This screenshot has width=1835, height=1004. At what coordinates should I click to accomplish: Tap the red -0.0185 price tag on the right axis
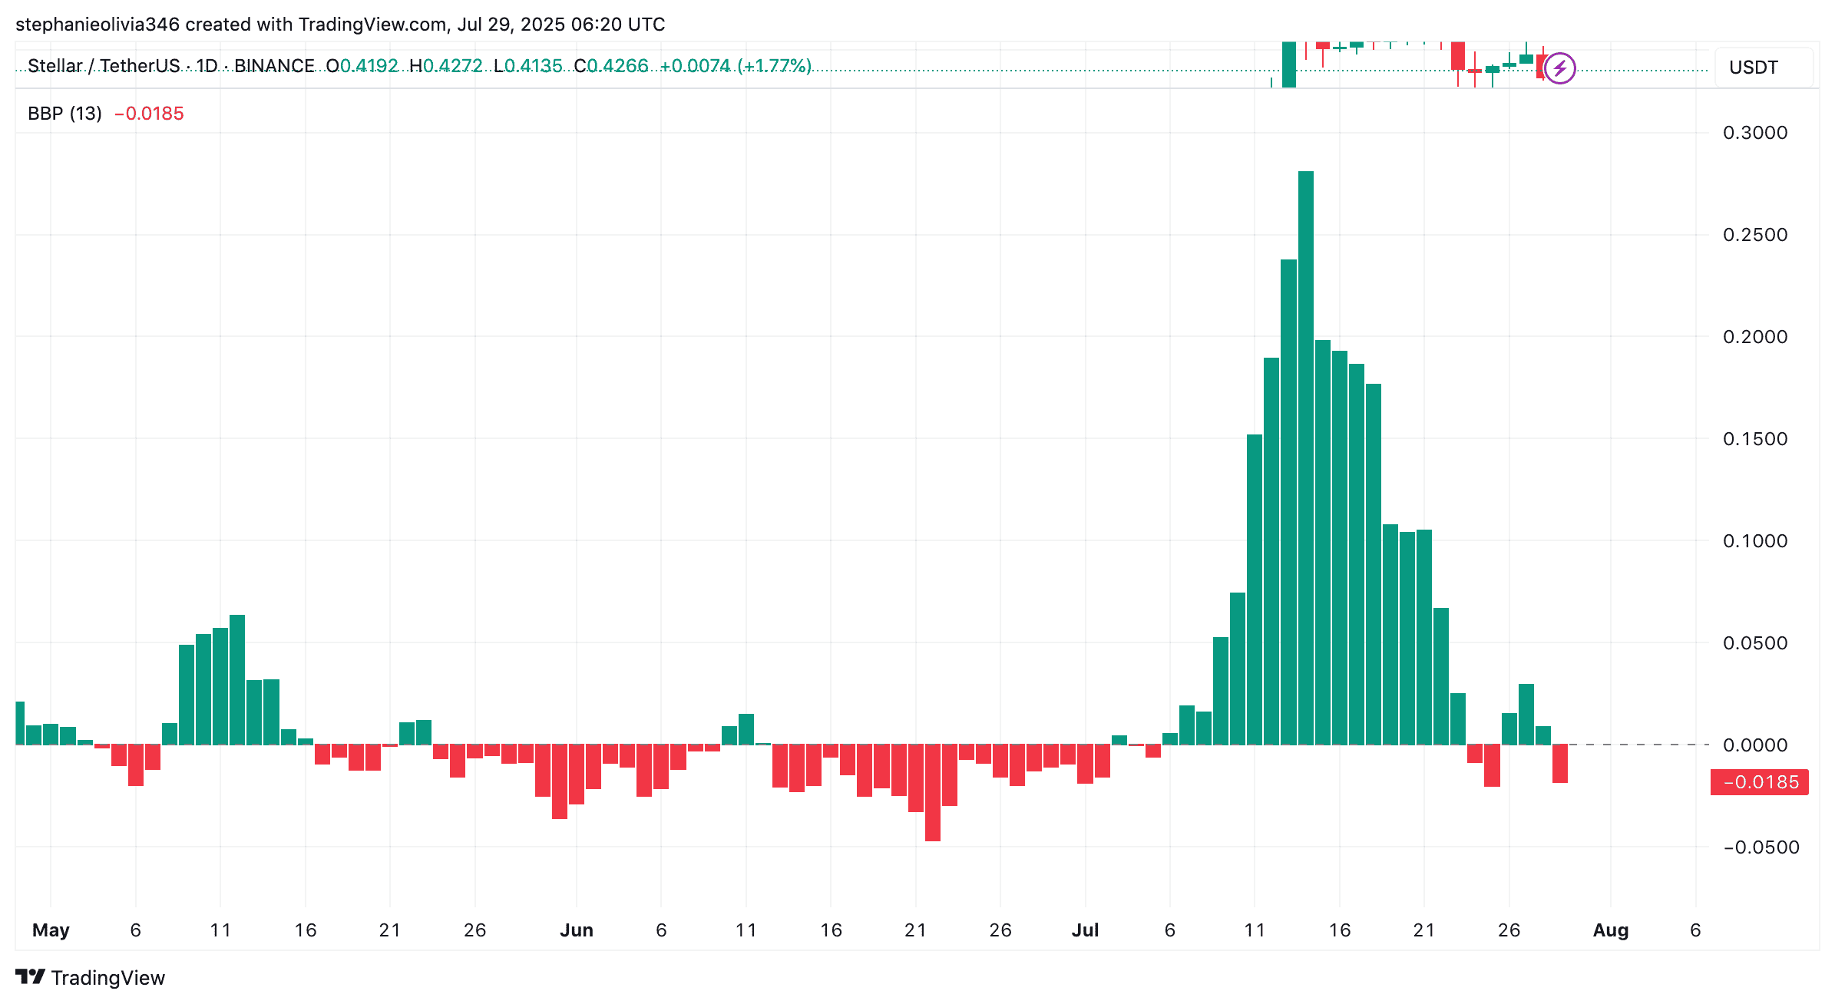(1759, 782)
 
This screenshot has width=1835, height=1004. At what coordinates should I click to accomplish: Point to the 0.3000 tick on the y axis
(1755, 133)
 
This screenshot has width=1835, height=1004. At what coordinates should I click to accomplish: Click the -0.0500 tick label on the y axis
(1761, 847)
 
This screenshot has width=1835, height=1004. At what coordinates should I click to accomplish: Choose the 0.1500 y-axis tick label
(1755, 439)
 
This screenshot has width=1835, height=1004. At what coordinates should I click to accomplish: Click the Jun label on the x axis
(576, 930)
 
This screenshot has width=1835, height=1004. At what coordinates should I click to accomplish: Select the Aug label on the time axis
(1610, 930)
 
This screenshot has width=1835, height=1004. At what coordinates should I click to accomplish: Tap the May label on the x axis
(51, 930)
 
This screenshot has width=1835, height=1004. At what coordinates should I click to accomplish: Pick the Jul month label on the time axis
(1085, 930)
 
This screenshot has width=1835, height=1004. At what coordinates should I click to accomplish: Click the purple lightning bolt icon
(1559, 68)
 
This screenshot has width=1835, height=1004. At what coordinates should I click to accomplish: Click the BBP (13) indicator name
(64, 114)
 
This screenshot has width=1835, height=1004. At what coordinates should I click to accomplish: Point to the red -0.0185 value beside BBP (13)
(149, 114)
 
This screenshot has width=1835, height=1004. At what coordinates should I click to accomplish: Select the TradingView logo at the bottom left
(90, 977)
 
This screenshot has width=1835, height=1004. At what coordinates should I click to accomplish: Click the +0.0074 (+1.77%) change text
(735, 66)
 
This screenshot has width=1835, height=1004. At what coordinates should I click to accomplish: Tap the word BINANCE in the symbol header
(274, 66)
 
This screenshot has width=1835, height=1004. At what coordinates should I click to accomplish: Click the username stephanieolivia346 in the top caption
(98, 25)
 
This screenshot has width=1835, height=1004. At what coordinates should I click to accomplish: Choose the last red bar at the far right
(1559, 763)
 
